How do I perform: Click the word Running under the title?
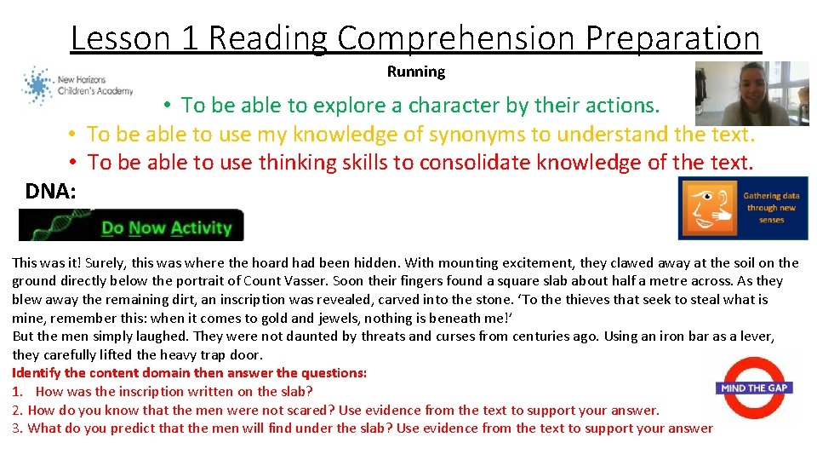[x=416, y=72]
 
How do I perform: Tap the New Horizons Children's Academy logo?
[x=77, y=86]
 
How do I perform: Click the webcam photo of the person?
[x=751, y=94]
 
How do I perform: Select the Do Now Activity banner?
[x=132, y=227]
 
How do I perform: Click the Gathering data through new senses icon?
[x=742, y=208]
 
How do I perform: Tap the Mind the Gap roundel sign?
[x=755, y=388]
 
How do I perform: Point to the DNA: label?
[x=51, y=192]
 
